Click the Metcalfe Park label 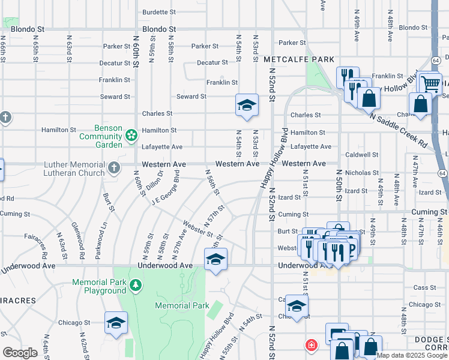pyautogui.click(x=298, y=59)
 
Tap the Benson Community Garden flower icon pyautogui.click(x=131, y=136)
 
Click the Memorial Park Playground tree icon pyautogui.click(x=136, y=283)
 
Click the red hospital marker pyautogui.click(x=311, y=345)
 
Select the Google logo pyautogui.click(x=20, y=353)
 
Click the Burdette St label pyautogui.click(x=159, y=11)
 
